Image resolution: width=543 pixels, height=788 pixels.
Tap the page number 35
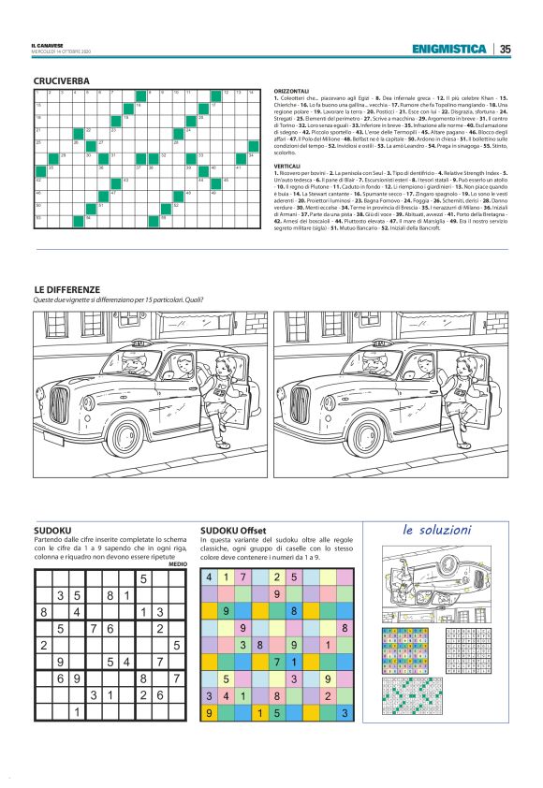(505, 49)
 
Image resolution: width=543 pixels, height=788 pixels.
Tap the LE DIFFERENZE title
(66, 290)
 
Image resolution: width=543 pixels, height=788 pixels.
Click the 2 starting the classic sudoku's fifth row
(44, 645)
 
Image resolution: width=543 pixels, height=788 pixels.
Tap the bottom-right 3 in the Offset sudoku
(345, 713)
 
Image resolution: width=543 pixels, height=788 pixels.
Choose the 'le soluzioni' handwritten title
(436, 530)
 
